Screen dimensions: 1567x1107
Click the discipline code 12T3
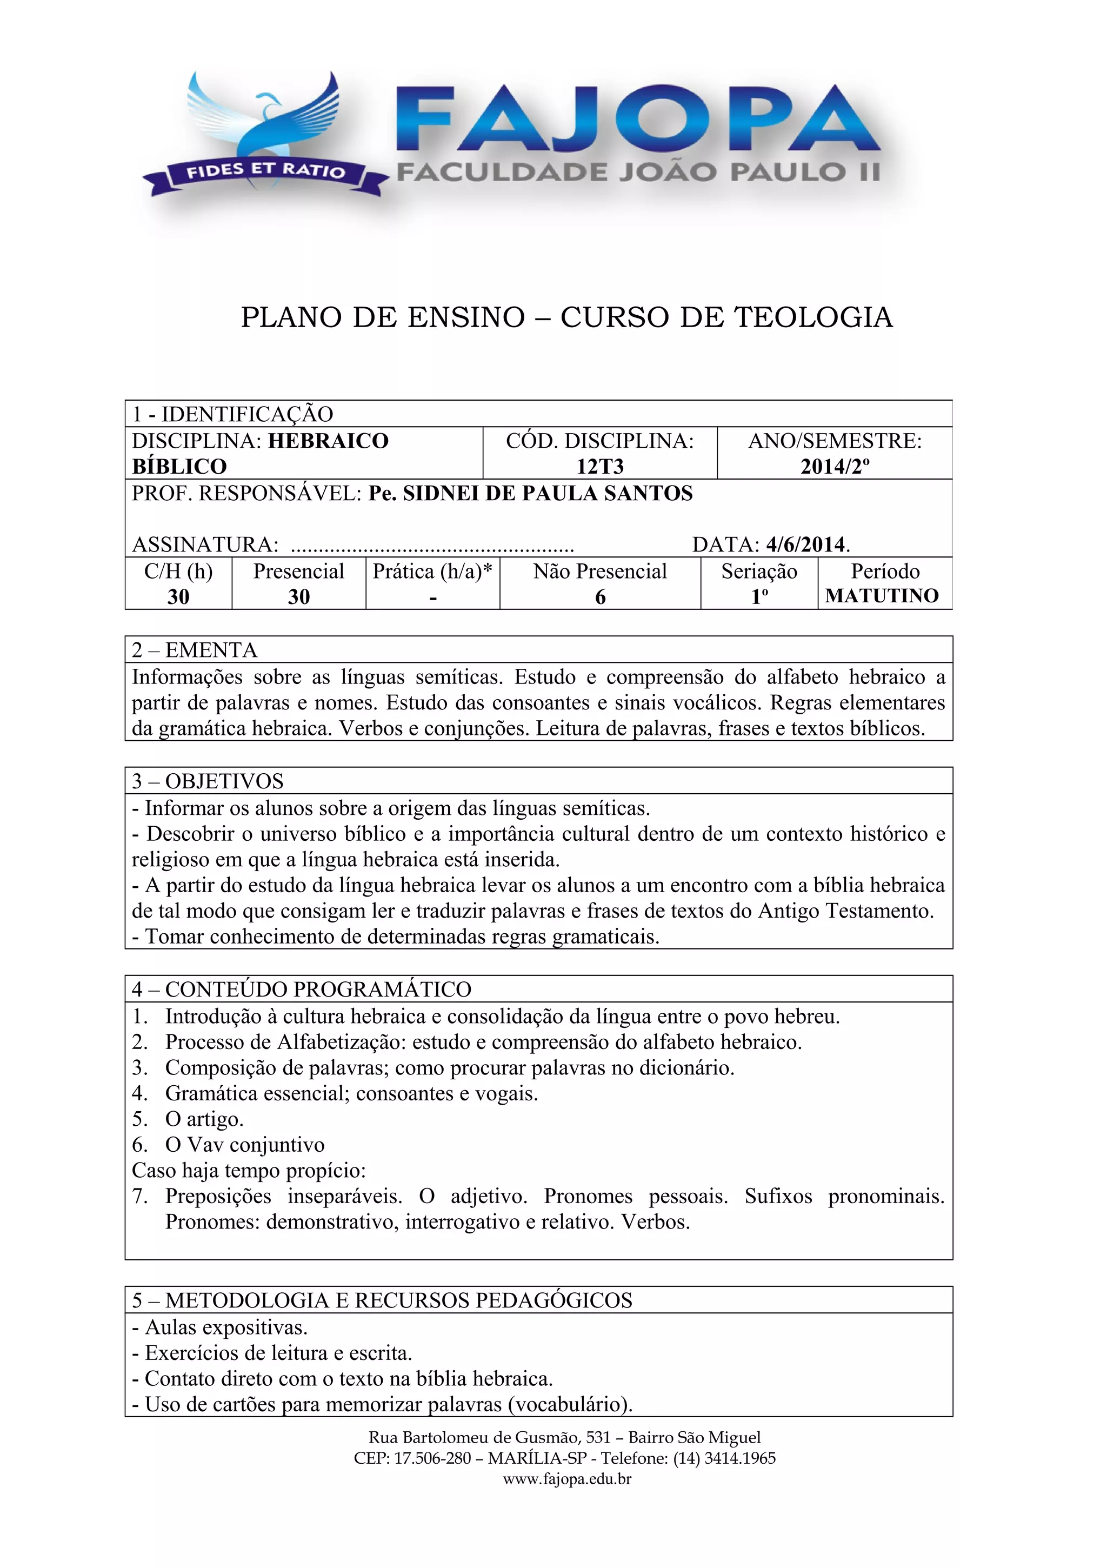[599, 466]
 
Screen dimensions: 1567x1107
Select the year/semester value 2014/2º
[835, 466]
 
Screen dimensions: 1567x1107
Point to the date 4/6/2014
[805, 544]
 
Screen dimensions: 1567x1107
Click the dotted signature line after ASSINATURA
[432, 546]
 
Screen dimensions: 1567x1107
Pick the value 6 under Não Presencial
[600, 596]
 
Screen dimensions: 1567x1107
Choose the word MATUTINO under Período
[882, 596]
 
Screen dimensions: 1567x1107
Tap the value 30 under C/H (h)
[179, 596]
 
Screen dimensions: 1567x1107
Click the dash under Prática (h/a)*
[432, 598]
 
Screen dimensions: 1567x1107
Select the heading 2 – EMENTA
[195, 650]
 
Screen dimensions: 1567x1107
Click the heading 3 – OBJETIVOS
[208, 781]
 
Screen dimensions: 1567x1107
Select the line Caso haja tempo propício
[249, 1171]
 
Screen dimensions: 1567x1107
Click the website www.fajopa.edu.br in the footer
[567, 1479]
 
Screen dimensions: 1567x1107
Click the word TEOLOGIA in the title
[813, 317]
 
